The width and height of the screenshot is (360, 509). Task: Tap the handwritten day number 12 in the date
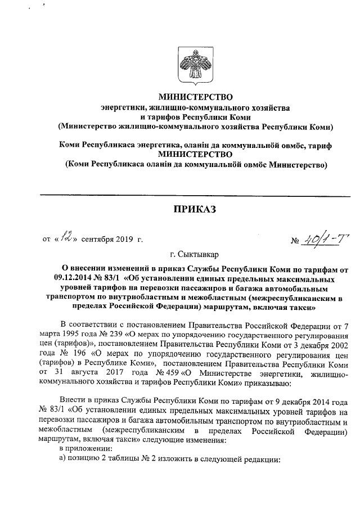point(67,240)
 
